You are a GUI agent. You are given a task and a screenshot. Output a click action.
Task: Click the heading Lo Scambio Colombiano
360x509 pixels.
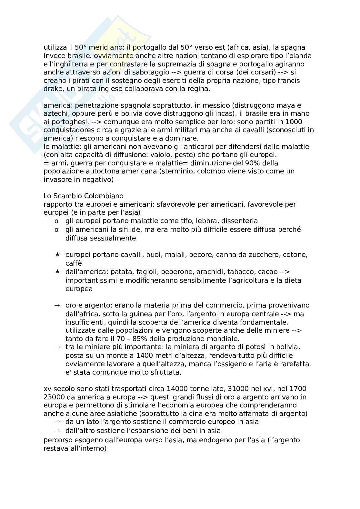[x=83, y=196]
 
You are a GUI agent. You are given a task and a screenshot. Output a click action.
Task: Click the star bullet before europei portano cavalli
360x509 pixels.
[x=57, y=255]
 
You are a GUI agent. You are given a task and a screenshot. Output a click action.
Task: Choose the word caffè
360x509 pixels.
[x=74, y=263]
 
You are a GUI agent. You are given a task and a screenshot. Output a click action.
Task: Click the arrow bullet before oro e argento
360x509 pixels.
[x=57, y=305]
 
